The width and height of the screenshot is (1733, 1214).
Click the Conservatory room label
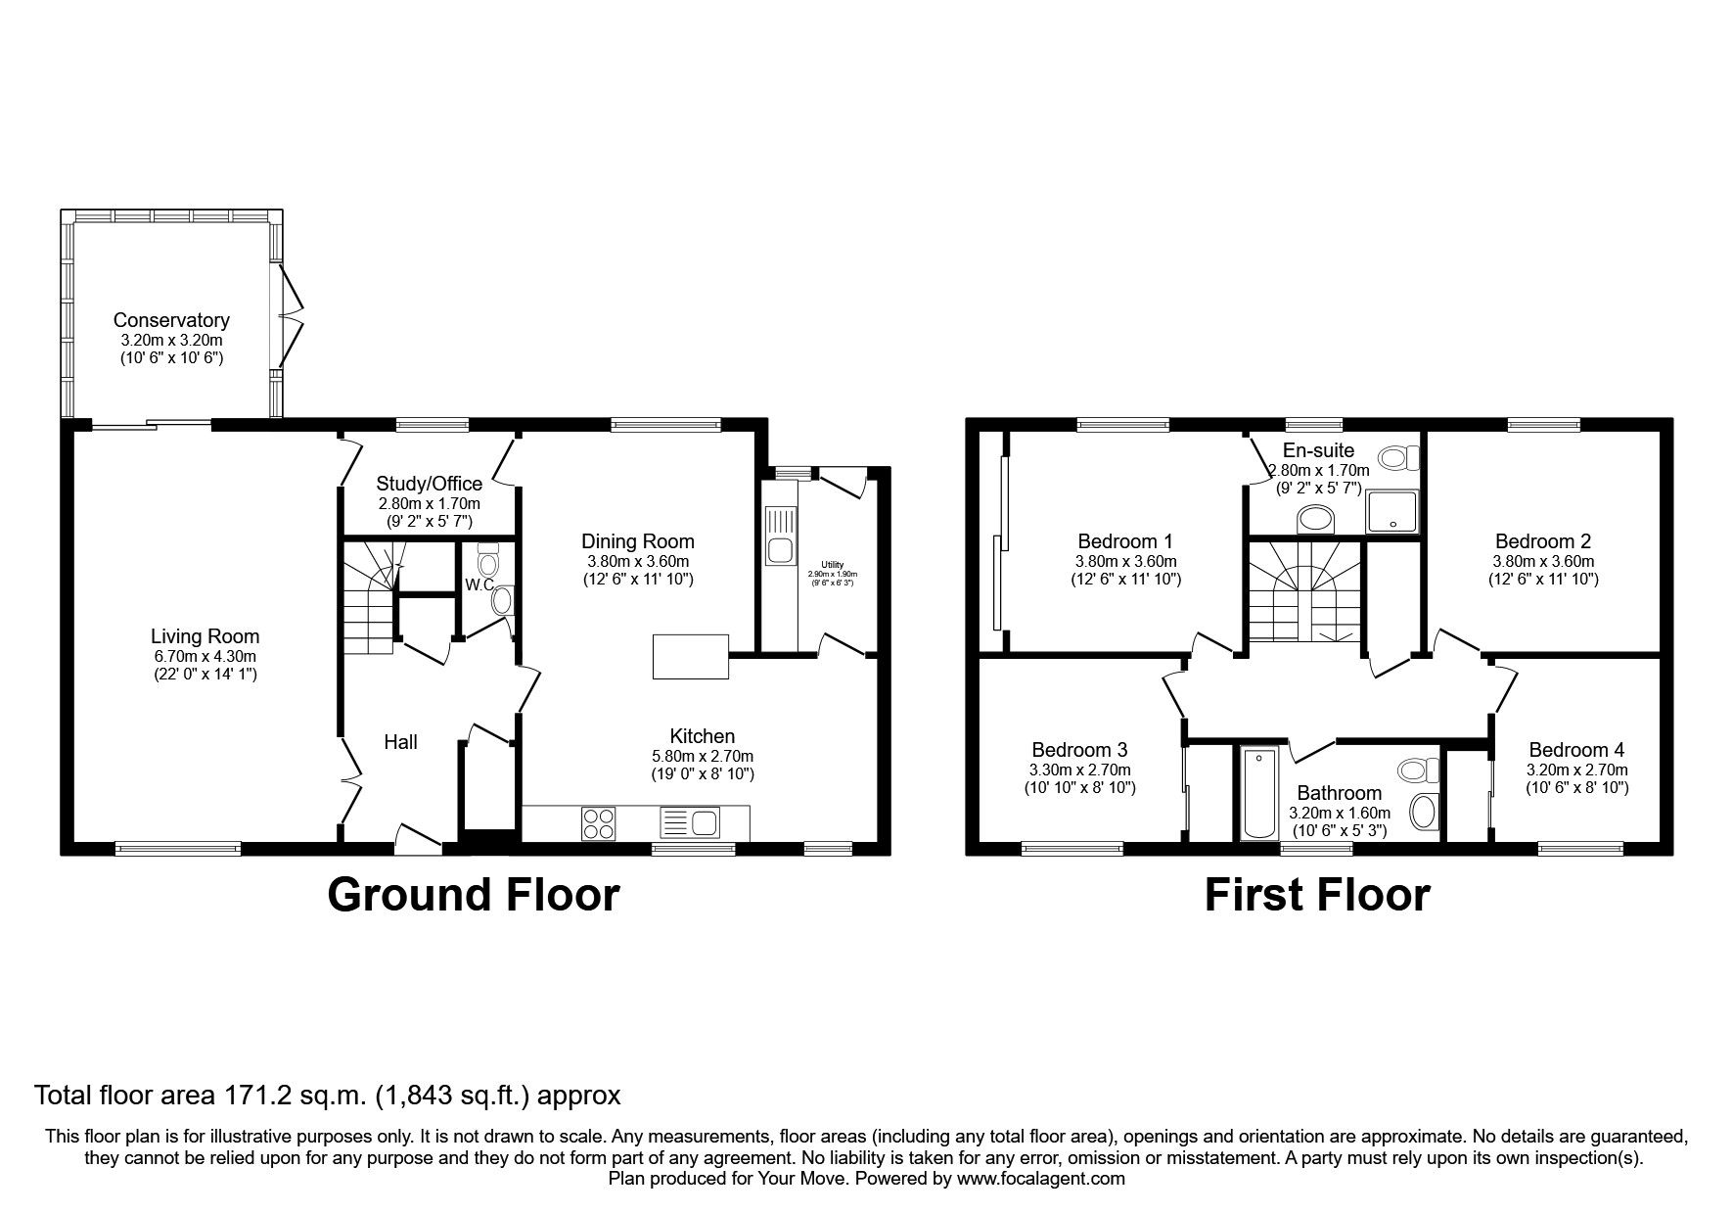coord(171,320)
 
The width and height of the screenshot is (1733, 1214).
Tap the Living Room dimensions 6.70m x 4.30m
coord(205,656)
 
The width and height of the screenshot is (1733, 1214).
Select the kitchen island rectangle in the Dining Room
coord(691,656)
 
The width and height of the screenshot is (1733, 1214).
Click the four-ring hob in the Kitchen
coord(599,822)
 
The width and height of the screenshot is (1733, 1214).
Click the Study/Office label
coord(430,484)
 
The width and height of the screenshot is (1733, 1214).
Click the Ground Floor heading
coord(473,895)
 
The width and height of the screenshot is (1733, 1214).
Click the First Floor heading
coord(1316,895)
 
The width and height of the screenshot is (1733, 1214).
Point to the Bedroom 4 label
coord(1576,750)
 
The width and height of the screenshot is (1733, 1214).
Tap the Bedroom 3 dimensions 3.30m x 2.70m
coord(1079,770)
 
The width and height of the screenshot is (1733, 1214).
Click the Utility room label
coord(832,565)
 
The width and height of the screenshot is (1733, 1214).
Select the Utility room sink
coord(780,548)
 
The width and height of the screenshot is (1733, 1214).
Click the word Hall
coord(400,742)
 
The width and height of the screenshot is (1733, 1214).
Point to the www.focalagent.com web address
coord(1041,1179)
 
